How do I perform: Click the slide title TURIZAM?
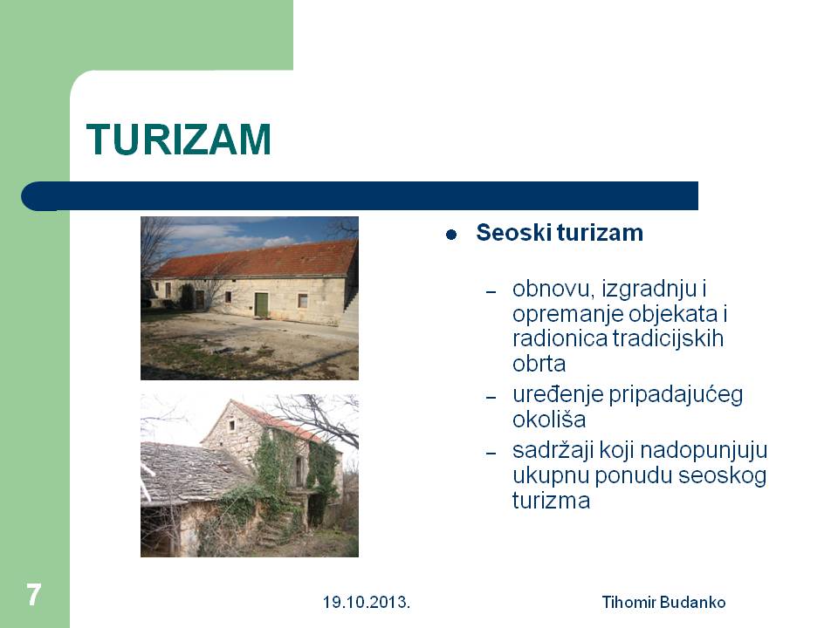pyautogui.click(x=178, y=140)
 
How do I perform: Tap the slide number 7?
pyautogui.click(x=34, y=594)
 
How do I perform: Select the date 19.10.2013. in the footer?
pyautogui.click(x=366, y=603)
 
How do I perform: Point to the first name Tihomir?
pyautogui.click(x=629, y=603)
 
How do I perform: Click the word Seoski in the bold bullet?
pyautogui.click(x=513, y=233)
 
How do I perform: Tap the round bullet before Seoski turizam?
pyautogui.click(x=451, y=235)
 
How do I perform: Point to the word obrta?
pyautogui.click(x=539, y=364)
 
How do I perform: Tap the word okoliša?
pyautogui.click(x=549, y=420)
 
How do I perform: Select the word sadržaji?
pyautogui.click(x=553, y=450)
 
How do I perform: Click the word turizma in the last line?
pyautogui.click(x=552, y=501)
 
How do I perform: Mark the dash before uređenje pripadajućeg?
pyautogui.click(x=491, y=398)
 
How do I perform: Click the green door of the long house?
pyautogui.click(x=261, y=304)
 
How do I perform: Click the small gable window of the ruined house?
pyautogui.click(x=232, y=426)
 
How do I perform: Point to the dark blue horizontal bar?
pyautogui.click(x=360, y=196)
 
